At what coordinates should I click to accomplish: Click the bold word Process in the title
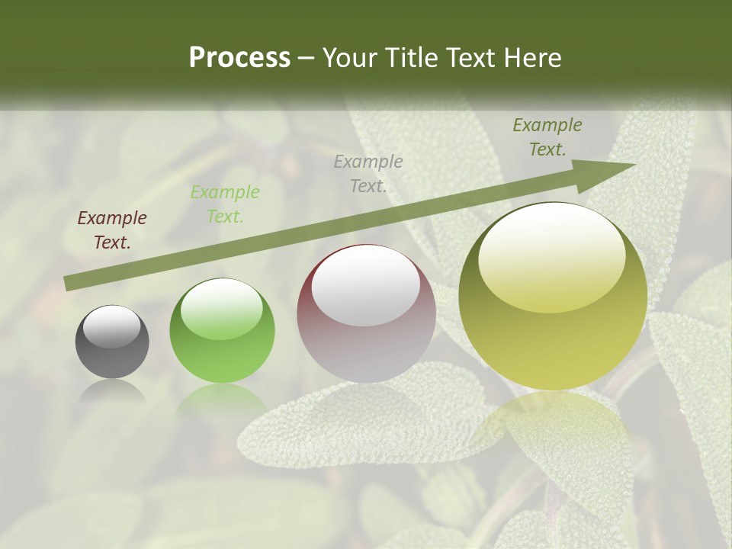[x=239, y=58]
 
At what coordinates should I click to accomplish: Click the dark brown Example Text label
[x=112, y=230]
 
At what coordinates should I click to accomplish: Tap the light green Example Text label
[x=224, y=204]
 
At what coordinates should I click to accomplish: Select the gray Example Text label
[x=368, y=173]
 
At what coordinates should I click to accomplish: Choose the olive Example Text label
[x=547, y=137]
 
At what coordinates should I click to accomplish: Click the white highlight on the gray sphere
[x=111, y=326]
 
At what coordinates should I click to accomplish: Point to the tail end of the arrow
[x=67, y=284]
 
